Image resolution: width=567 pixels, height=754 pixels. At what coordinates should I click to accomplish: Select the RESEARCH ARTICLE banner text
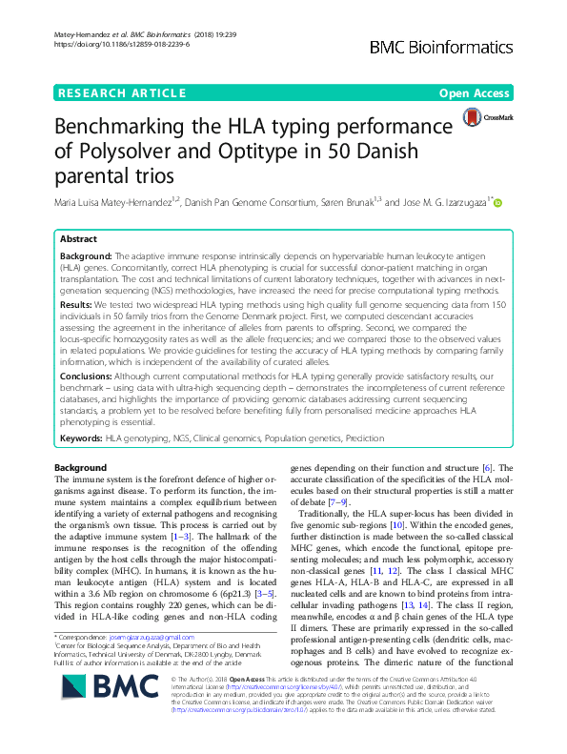[122, 92]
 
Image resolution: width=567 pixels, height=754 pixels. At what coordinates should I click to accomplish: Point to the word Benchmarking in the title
[146, 129]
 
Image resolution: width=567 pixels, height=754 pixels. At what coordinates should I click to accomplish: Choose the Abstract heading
[80, 239]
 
